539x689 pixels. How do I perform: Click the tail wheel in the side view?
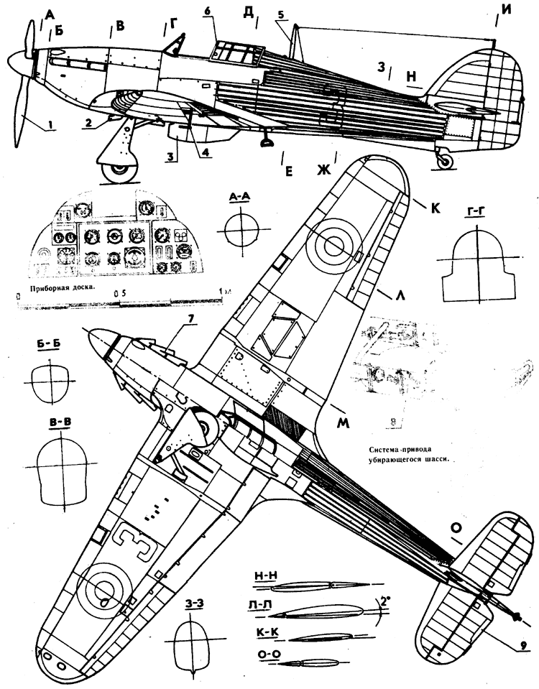(446, 162)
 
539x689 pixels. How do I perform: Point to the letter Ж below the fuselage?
(326, 170)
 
